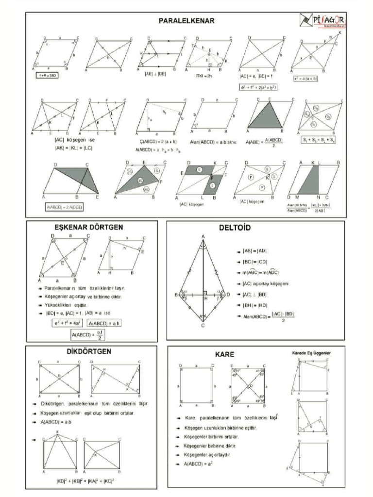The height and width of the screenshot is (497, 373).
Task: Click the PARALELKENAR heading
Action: (x=187, y=21)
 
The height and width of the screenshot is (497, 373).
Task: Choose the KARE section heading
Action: (x=224, y=355)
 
